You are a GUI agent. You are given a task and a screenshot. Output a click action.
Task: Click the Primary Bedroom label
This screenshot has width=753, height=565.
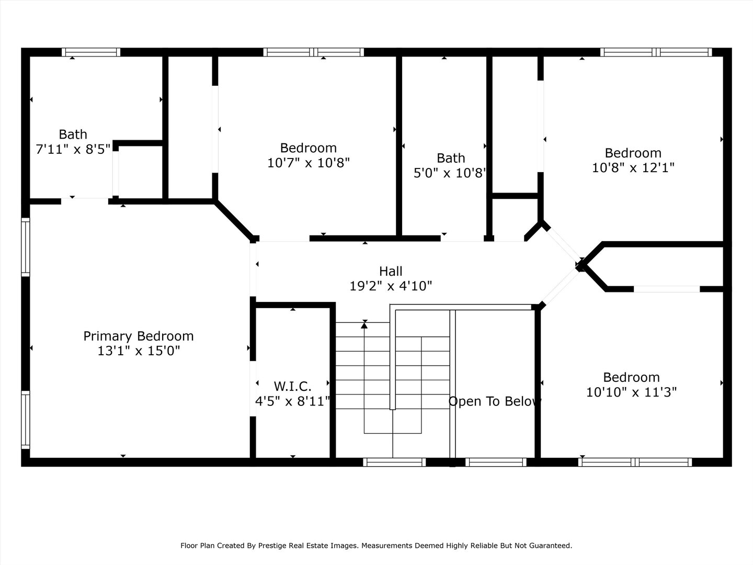138,336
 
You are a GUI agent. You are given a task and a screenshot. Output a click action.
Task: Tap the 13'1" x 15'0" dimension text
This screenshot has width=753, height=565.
139,351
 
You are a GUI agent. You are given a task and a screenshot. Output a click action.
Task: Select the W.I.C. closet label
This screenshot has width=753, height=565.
292,386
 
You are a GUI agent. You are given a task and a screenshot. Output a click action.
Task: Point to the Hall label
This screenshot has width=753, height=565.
391,271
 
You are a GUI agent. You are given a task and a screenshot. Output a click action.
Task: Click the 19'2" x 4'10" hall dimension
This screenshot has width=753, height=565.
391,286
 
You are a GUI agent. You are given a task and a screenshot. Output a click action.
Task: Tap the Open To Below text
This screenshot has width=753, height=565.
495,401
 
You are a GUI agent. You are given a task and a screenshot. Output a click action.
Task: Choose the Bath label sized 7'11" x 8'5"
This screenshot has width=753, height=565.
73,134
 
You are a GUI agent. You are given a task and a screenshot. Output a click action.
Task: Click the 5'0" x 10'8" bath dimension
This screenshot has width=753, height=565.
450,173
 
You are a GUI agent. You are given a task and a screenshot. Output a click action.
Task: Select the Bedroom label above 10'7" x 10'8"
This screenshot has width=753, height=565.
309,148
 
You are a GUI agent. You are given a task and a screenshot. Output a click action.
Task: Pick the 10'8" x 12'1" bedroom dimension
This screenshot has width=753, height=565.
633,168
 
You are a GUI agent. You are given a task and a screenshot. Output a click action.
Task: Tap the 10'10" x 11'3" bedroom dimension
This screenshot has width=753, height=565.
631,392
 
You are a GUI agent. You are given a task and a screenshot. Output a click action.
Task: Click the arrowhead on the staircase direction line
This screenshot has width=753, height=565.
364,324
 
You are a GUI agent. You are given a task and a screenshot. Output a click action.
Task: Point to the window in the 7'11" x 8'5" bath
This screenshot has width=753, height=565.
91,52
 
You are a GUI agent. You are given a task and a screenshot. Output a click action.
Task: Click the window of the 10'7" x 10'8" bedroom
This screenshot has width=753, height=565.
314,52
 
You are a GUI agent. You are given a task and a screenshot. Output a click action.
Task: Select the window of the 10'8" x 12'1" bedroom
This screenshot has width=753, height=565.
656,52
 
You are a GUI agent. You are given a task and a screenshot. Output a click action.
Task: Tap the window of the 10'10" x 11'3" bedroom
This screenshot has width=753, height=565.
635,462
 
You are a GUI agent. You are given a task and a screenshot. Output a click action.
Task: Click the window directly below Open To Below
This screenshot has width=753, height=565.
496,462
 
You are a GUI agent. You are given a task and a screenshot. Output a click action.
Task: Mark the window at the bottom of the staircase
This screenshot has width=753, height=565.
394,462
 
